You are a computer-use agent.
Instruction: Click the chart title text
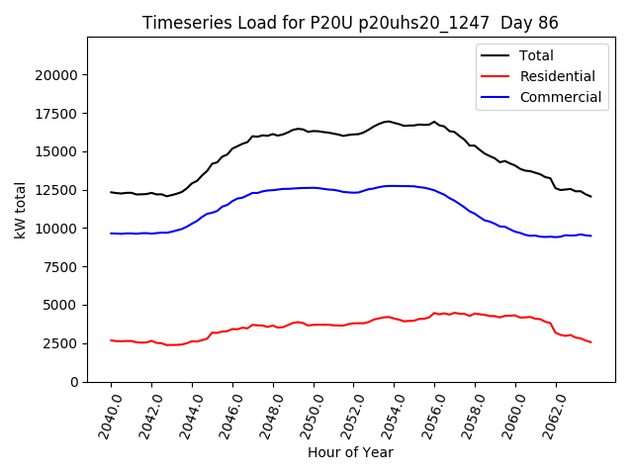tap(351, 23)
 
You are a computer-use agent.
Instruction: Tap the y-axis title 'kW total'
tap(21, 210)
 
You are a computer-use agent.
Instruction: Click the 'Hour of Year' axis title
tap(350, 452)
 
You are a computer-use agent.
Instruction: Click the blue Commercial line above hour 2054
tap(395, 186)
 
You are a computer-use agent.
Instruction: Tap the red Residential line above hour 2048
tap(274, 327)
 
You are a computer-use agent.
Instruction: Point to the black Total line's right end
tap(591, 197)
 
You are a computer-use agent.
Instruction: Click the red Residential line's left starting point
tap(111, 340)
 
